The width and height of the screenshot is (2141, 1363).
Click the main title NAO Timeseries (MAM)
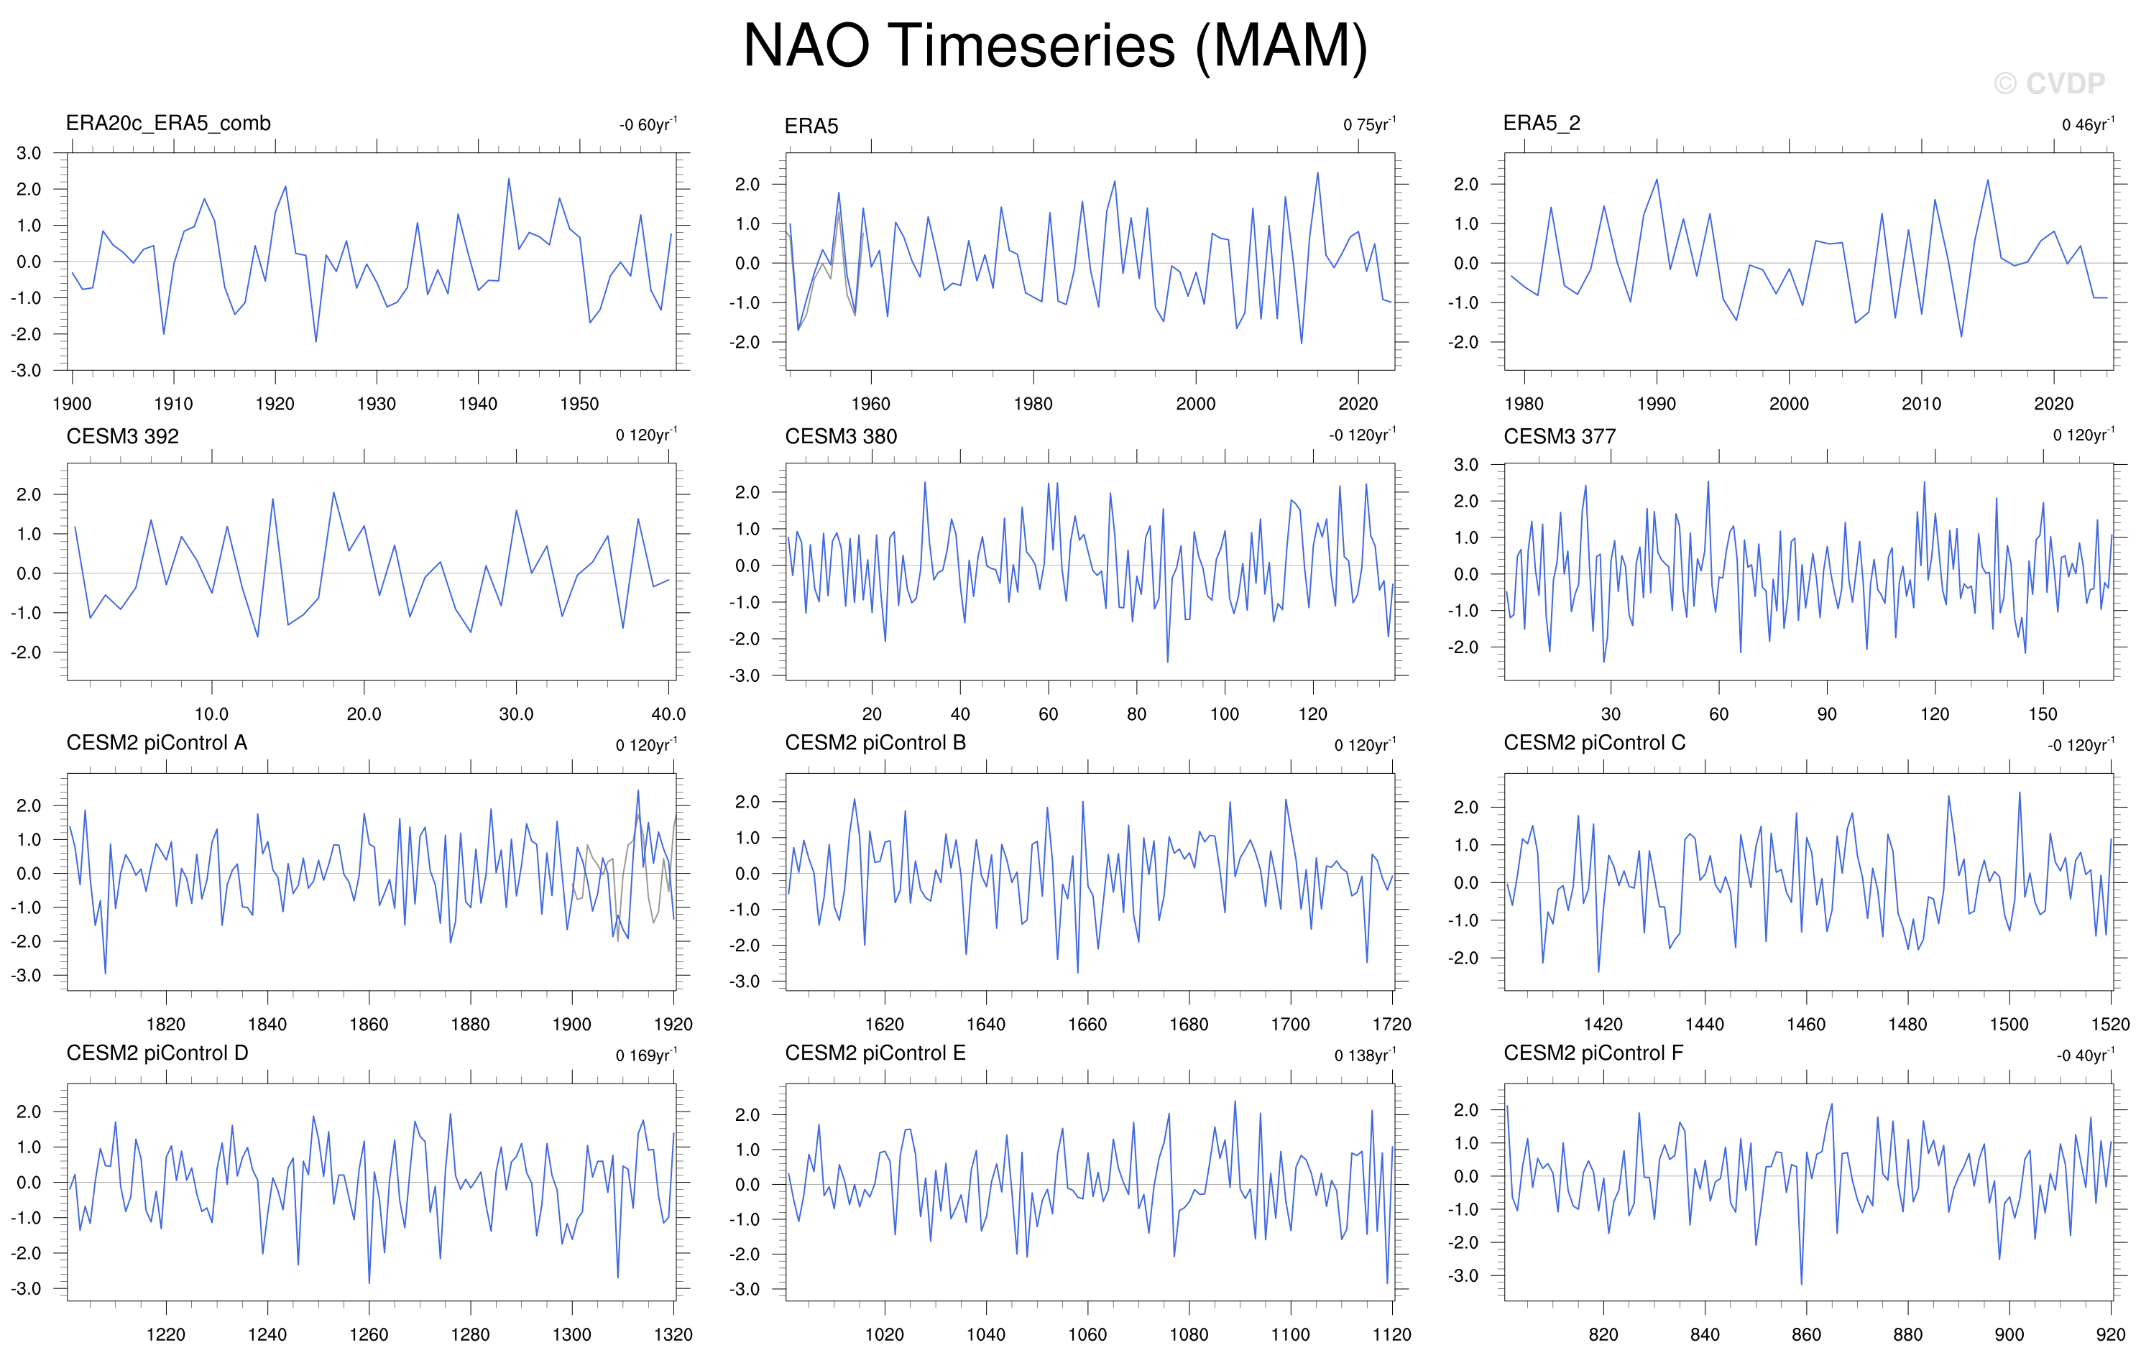coord(1055,46)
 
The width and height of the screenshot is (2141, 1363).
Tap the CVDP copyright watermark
coord(2050,83)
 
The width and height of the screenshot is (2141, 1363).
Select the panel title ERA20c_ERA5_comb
coord(168,124)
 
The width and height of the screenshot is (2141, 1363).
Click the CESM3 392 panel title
coord(123,437)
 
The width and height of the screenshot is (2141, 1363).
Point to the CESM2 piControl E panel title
coord(875,1053)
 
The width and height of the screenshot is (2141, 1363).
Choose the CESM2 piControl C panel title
coord(1594,744)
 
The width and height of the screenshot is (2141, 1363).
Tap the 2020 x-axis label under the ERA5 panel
coord(1358,404)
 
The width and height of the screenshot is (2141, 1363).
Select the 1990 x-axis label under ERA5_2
coord(1657,404)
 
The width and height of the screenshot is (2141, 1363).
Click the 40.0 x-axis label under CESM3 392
coord(668,714)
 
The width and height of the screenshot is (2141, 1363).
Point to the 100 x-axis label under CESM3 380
coord(1225,714)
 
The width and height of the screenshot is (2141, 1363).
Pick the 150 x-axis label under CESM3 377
coord(2043,714)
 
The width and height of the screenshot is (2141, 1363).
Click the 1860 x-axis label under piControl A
coord(369,1025)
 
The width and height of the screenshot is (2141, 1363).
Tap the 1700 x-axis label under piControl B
coord(1290,1025)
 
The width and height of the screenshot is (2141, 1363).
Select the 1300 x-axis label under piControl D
coord(571,1334)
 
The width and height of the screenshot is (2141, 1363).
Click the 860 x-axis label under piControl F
coord(1807,1334)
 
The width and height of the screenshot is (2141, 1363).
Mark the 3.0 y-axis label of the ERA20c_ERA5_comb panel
coord(29,153)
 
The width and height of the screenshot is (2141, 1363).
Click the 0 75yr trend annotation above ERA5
coord(1370,124)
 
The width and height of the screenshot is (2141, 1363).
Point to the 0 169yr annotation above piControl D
coord(646,1055)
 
